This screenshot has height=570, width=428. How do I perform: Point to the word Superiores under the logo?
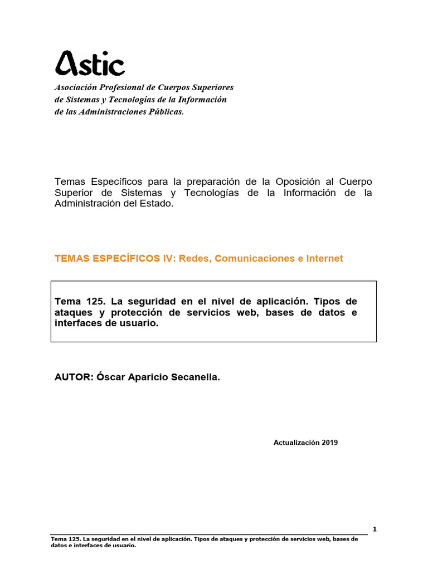tap(213, 88)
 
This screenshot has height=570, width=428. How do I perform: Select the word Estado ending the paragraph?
tap(159, 204)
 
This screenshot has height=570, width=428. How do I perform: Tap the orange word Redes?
tap(194, 258)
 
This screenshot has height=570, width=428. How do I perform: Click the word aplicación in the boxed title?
tap(276, 301)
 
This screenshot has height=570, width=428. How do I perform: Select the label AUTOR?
tap(74, 377)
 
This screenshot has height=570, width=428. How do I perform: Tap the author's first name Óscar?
tap(111, 377)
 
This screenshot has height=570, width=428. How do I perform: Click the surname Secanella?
tap(196, 377)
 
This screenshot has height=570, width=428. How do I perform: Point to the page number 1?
tap(374, 529)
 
